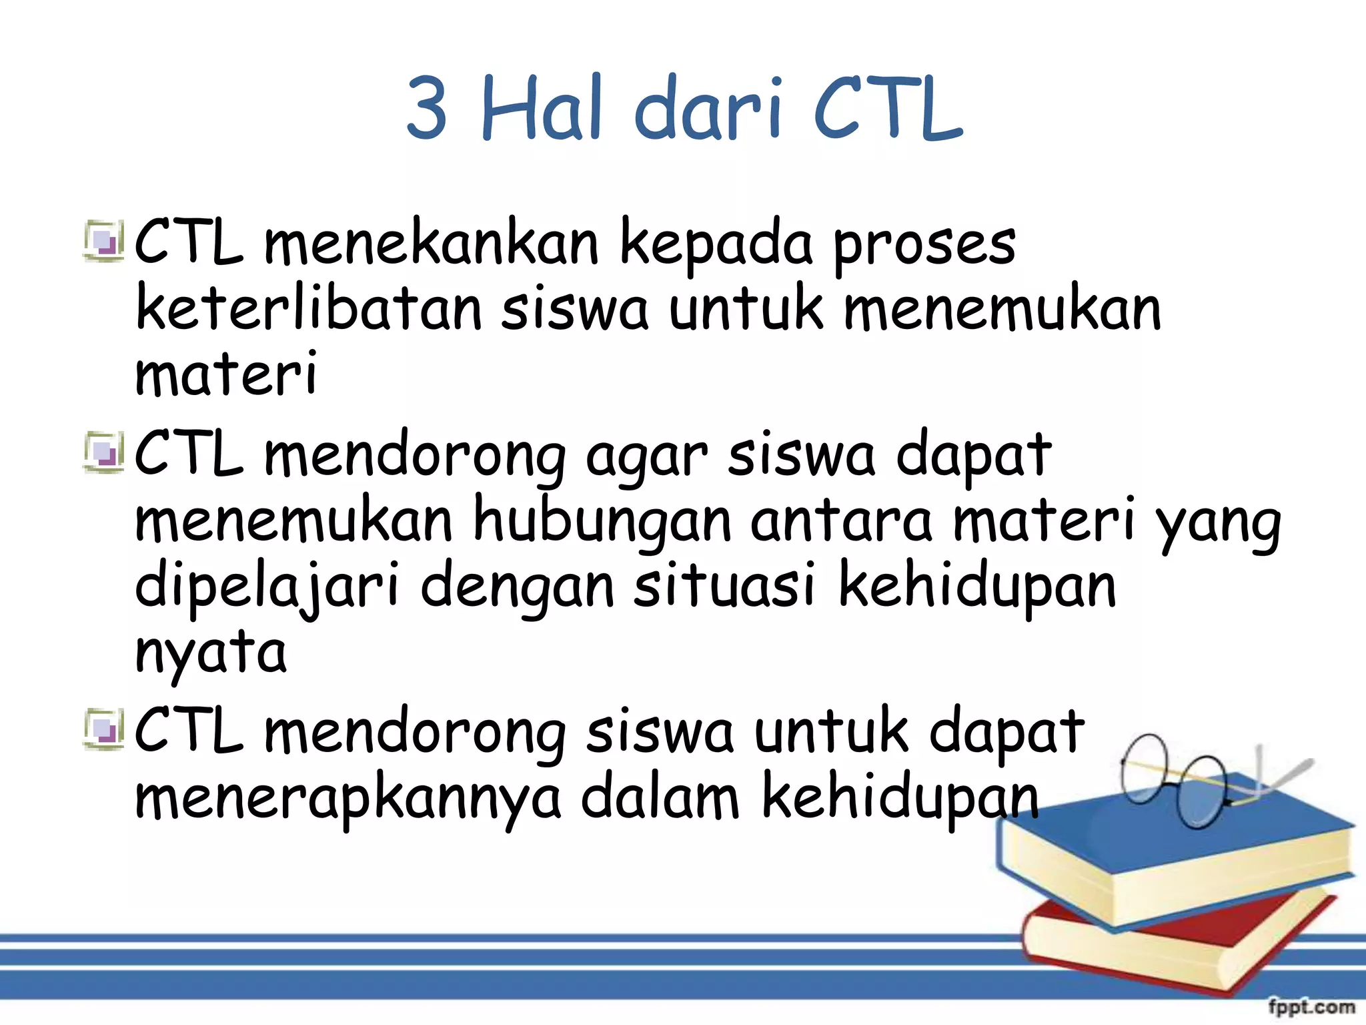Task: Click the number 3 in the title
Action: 427,108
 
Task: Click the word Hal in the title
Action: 541,108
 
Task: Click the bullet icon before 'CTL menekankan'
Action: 104,242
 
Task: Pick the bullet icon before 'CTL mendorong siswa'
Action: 104,729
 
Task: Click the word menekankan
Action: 432,243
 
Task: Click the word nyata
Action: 211,653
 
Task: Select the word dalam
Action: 660,797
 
